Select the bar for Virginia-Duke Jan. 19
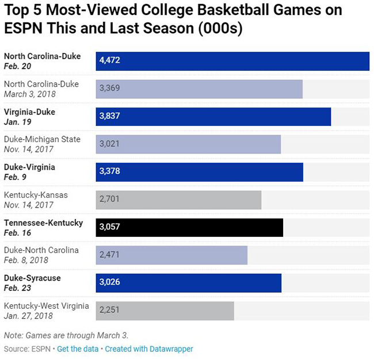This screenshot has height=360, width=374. (213, 116)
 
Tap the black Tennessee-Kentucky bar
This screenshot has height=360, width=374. (189, 227)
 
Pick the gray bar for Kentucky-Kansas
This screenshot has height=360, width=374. (178, 200)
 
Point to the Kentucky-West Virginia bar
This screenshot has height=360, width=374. (165, 311)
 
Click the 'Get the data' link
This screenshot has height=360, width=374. (77, 349)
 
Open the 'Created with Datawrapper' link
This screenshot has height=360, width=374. (149, 349)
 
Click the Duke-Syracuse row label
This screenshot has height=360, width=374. (32, 278)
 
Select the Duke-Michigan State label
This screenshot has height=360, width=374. (42, 139)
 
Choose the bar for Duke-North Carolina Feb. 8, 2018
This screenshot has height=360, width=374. (171, 255)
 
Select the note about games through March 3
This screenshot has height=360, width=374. (66, 335)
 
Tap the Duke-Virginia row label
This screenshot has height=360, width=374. (29, 167)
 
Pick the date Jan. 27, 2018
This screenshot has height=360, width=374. (28, 316)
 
